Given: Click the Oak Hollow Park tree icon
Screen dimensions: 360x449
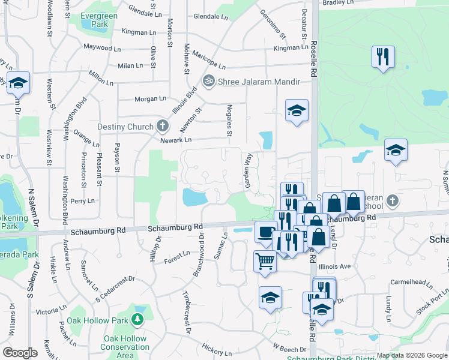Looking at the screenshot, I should point(139,320).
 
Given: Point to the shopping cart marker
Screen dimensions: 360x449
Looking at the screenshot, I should point(265,261).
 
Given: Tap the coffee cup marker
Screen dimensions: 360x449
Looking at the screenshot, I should point(265,232).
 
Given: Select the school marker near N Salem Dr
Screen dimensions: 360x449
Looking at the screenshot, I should point(19,83).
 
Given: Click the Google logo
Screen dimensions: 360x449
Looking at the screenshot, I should point(20,352).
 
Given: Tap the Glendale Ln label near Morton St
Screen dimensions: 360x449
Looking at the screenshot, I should point(142,12).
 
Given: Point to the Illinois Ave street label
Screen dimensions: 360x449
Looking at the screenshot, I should point(337,266).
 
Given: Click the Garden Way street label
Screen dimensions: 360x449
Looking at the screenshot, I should point(247,170).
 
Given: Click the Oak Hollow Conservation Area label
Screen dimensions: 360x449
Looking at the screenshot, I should point(125,347).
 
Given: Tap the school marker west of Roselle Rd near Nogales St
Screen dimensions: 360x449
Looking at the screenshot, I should point(296,110).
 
